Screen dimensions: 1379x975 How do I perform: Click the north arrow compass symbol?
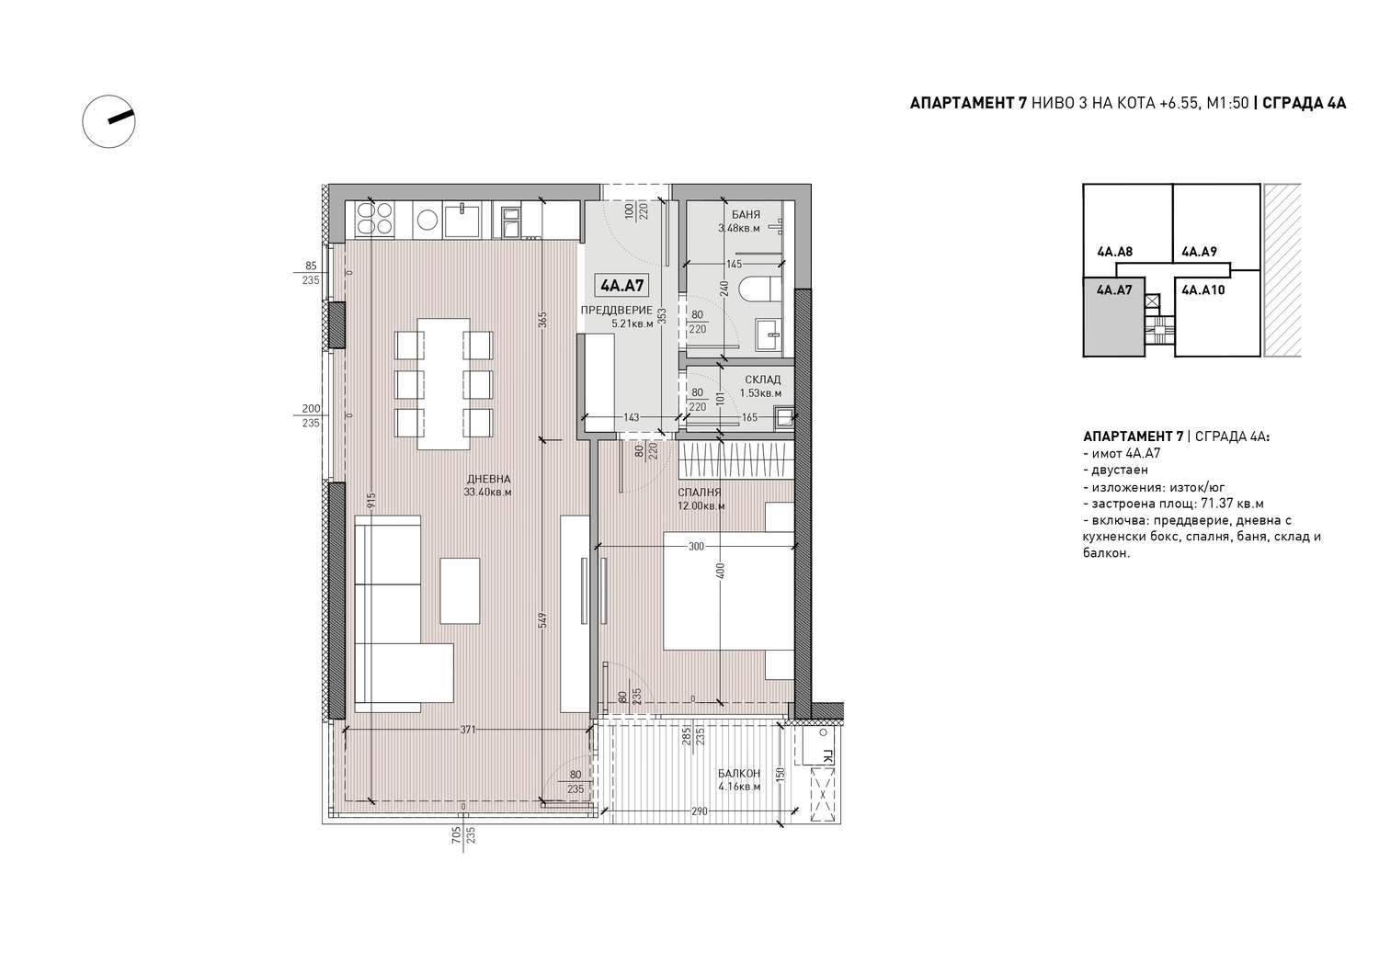tap(109, 121)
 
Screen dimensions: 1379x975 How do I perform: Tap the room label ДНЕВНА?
tap(488, 479)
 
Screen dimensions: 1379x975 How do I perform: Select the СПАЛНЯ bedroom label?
tap(699, 493)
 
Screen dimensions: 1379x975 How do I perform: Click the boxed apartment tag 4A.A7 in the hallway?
tap(622, 286)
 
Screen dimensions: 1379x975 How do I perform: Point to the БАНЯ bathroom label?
tap(746, 215)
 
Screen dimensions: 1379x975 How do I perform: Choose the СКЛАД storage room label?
tap(762, 380)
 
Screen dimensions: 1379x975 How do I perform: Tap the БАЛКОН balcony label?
tap(739, 773)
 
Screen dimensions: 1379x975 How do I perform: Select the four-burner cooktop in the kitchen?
tap(375, 220)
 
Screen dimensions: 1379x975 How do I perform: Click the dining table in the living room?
tap(443, 384)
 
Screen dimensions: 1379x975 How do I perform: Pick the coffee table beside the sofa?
tap(460, 591)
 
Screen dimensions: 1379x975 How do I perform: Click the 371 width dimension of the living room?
tap(468, 730)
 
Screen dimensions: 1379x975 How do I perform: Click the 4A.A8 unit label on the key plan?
tap(1115, 252)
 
